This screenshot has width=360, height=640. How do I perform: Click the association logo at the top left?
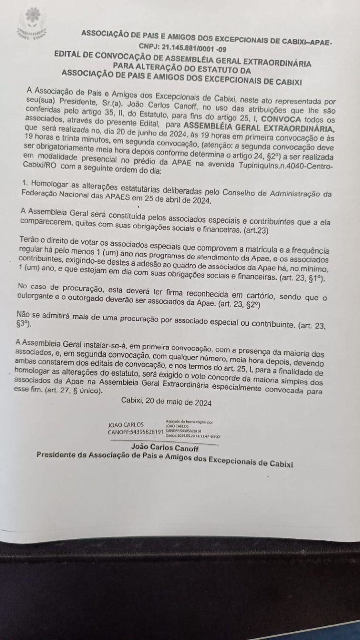click(30, 25)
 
